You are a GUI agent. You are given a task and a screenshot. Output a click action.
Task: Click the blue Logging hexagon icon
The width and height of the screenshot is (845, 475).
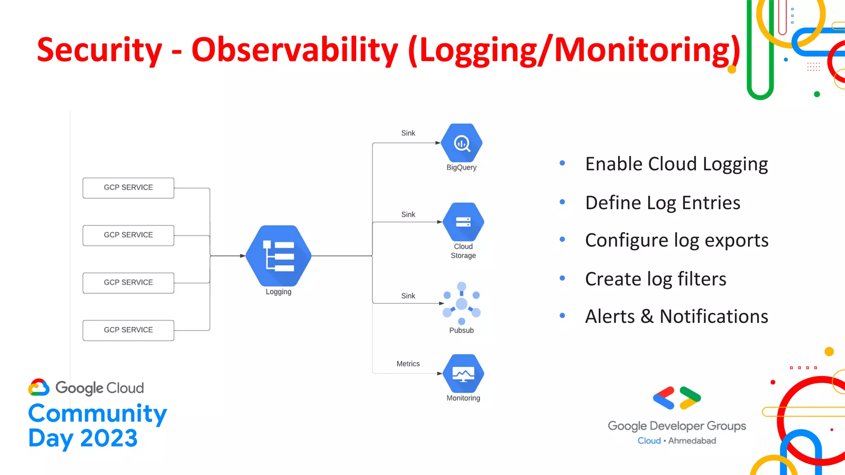pos(279,256)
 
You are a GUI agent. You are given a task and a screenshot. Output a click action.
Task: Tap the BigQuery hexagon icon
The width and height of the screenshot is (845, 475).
pos(462,143)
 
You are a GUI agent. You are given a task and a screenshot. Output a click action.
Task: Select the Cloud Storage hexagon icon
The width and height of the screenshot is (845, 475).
pos(463,222)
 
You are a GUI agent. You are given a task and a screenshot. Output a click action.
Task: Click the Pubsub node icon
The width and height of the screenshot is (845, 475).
pos(461,304)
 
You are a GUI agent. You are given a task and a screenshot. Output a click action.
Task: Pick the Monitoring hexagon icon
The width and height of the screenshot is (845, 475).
pos(463,374)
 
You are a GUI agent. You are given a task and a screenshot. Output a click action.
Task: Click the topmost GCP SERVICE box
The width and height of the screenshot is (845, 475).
pos(128,188)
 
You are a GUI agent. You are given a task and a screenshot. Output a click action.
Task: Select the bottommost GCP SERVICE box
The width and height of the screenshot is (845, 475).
pos(128,330)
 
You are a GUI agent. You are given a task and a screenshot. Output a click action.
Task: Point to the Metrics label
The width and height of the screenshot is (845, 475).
pos(408,364)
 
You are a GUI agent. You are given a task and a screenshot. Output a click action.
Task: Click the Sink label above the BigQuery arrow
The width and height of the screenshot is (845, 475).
pos(408,133)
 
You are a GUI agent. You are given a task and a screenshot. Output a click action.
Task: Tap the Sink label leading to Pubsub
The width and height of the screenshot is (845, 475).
pos(408,296)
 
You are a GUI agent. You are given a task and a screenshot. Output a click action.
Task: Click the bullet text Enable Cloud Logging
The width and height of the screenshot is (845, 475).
pos(676,164)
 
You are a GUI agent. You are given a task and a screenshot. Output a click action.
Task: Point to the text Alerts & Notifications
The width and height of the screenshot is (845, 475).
pos(676,317)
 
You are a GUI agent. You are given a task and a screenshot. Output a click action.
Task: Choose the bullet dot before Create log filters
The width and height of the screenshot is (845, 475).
pos(562,278)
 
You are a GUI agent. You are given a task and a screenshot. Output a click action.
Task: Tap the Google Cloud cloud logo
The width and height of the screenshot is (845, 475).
pos(39,388)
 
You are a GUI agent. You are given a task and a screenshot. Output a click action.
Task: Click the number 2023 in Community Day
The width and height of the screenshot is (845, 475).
pos(109,438)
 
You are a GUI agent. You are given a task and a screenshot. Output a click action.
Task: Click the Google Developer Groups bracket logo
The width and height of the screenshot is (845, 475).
pos(677,398)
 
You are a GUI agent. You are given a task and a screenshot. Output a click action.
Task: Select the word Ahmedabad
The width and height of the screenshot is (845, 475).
pos(692,441)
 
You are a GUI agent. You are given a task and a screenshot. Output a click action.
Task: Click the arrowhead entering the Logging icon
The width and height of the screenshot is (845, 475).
pos(243,256)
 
